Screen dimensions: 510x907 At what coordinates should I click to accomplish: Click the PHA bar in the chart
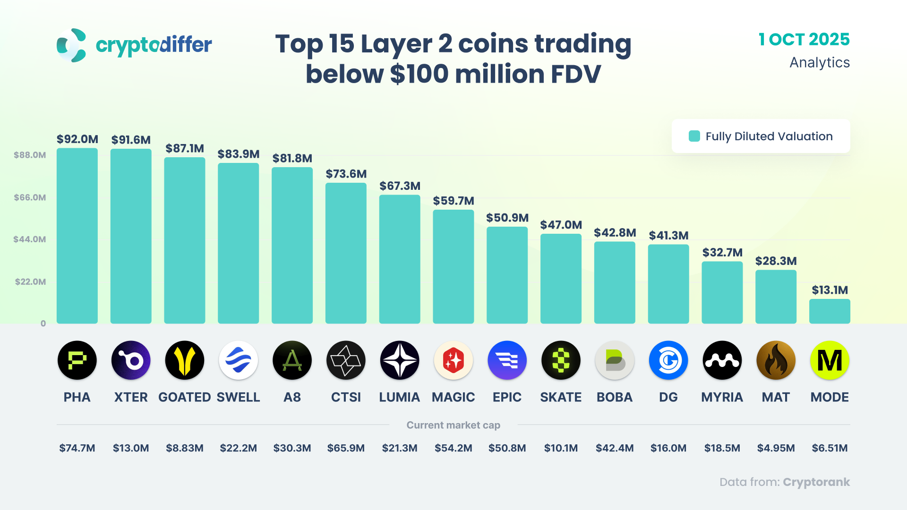click(77, 236)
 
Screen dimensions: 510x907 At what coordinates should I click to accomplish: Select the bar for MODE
click(830, 312)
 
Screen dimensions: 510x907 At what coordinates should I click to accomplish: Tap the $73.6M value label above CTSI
click(346, 174)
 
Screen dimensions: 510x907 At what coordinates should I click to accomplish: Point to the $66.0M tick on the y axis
click(30, 197)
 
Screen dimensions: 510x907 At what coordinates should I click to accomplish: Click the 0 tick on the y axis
click(43, 323)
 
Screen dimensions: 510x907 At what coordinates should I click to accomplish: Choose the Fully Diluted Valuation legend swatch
click(694, 136)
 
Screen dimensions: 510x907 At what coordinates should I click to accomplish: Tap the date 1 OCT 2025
click(804, 39)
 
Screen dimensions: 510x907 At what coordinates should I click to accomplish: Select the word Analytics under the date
click(819, 62)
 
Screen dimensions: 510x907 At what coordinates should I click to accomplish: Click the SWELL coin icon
click(238, 360)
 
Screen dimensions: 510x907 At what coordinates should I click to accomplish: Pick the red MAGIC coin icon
click(453, 360)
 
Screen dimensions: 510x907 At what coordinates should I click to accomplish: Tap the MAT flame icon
click(776, 360)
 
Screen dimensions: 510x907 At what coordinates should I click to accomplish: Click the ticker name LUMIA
click(399, 397)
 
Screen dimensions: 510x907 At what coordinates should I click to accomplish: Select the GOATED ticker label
click(184, 397)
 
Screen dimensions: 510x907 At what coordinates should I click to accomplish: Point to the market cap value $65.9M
click(346, 448)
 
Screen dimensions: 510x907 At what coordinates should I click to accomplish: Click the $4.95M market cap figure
click(776, 448)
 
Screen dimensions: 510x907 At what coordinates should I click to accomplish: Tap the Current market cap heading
click(453, 425)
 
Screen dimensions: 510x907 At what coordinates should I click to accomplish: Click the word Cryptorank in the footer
click(816, 482)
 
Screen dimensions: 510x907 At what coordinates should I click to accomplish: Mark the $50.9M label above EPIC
click(507, 218)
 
